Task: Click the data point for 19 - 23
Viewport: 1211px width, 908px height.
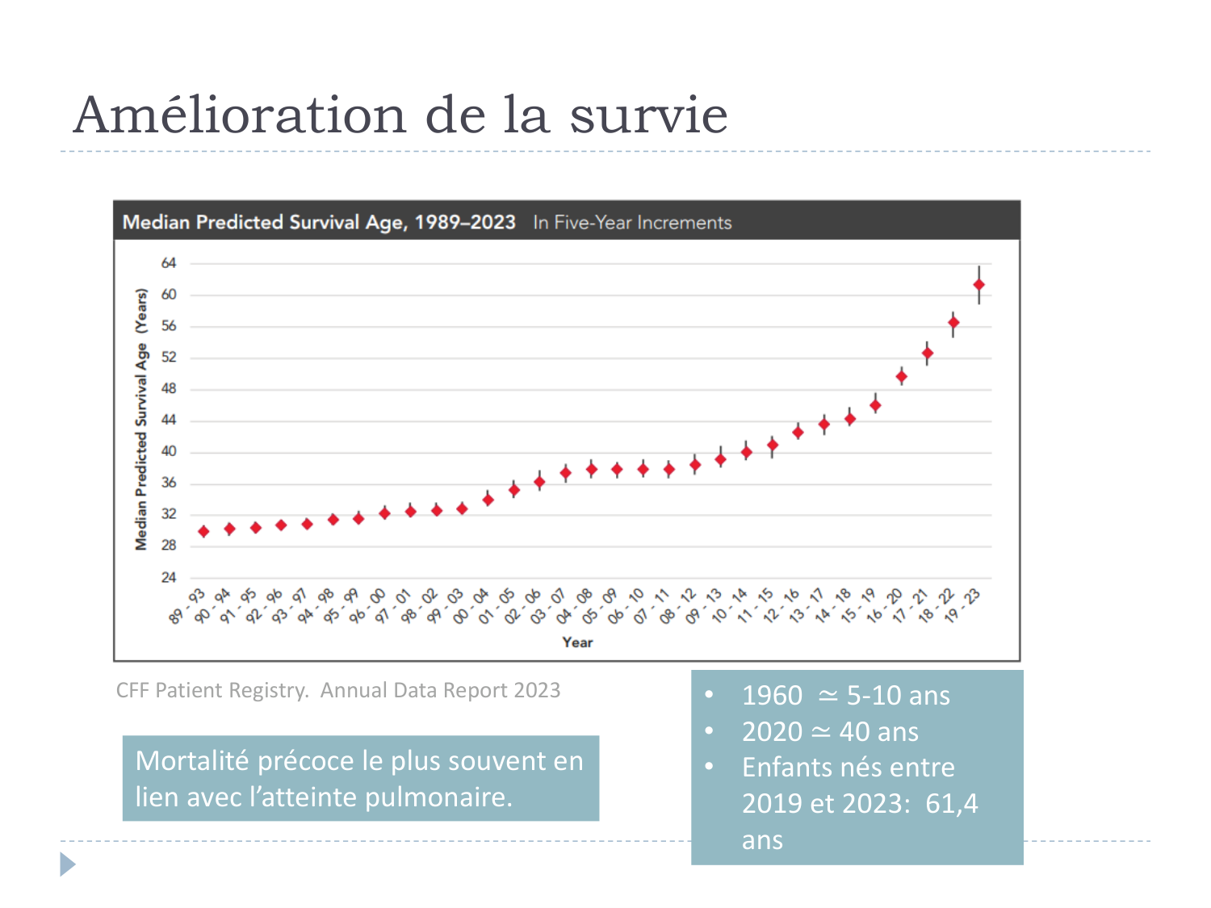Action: click(978, 285)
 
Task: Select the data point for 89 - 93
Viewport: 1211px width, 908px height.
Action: click(203, 532)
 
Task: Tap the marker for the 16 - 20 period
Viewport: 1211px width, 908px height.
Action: click(901, 377)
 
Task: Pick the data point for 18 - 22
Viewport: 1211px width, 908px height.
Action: click(953, 323)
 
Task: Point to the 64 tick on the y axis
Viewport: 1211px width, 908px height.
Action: click(169, 263)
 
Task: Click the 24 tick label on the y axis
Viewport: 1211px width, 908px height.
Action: click(169, 578)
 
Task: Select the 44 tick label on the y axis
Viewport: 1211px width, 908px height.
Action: click(169, 421)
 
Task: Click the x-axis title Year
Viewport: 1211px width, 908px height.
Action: click(577, 642)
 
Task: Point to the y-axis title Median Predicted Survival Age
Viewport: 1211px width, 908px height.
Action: click(142, 420)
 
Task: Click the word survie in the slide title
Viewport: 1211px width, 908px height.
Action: click(648, 115)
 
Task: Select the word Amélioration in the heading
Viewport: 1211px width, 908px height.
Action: click(240, 115)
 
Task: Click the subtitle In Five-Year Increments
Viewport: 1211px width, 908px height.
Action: click(632, 223)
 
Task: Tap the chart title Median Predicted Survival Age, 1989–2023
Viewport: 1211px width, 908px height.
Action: click(319, 223)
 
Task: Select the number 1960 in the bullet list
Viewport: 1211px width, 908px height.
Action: click(772, 696)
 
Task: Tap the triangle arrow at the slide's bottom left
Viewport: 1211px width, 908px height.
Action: click(67, 864)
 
